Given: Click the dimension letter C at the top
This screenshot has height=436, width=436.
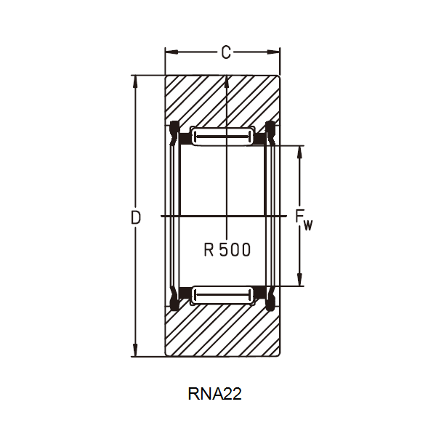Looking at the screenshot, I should [x=226, y=52].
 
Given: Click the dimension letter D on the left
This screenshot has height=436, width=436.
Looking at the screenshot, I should [x=135, y=217].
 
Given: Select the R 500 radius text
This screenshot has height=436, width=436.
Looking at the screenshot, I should [x=227, y=250].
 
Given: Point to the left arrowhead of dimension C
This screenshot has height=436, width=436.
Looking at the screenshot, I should [x=169, y=52].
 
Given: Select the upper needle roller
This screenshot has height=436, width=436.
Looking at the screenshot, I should [x=222, y=136].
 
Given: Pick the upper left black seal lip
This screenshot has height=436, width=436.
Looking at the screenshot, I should [x=174, y=132].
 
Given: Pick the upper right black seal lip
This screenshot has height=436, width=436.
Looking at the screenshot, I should [x=270, y=132].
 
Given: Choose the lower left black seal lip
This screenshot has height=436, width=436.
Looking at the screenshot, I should [x=174, y=298].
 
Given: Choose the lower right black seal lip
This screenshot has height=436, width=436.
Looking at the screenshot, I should [x=270, y=298].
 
